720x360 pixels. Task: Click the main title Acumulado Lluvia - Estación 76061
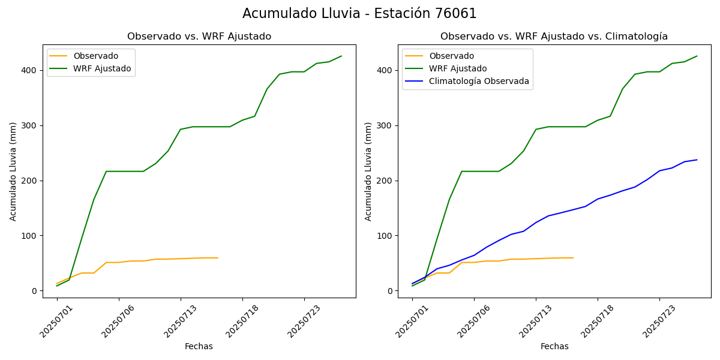coord(359,14)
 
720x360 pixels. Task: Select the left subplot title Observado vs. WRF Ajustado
coord(199,37)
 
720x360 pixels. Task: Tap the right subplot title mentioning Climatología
coord(554,37)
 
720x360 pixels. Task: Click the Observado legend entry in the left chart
coord(95,56)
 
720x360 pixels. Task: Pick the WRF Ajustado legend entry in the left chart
coord(102,68)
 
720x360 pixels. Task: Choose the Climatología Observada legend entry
coord(479,82)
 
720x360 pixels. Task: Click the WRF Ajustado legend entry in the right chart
coord(458,68)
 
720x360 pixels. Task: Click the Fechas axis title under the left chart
coord(199,346)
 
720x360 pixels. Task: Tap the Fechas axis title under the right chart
coord(554,346)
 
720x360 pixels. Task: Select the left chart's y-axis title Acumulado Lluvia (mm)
coord(13,171)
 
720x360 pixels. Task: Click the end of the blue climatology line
coord(697,160)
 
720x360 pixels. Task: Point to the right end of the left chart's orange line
coord(217,258)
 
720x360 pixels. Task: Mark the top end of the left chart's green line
coord(341,56)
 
